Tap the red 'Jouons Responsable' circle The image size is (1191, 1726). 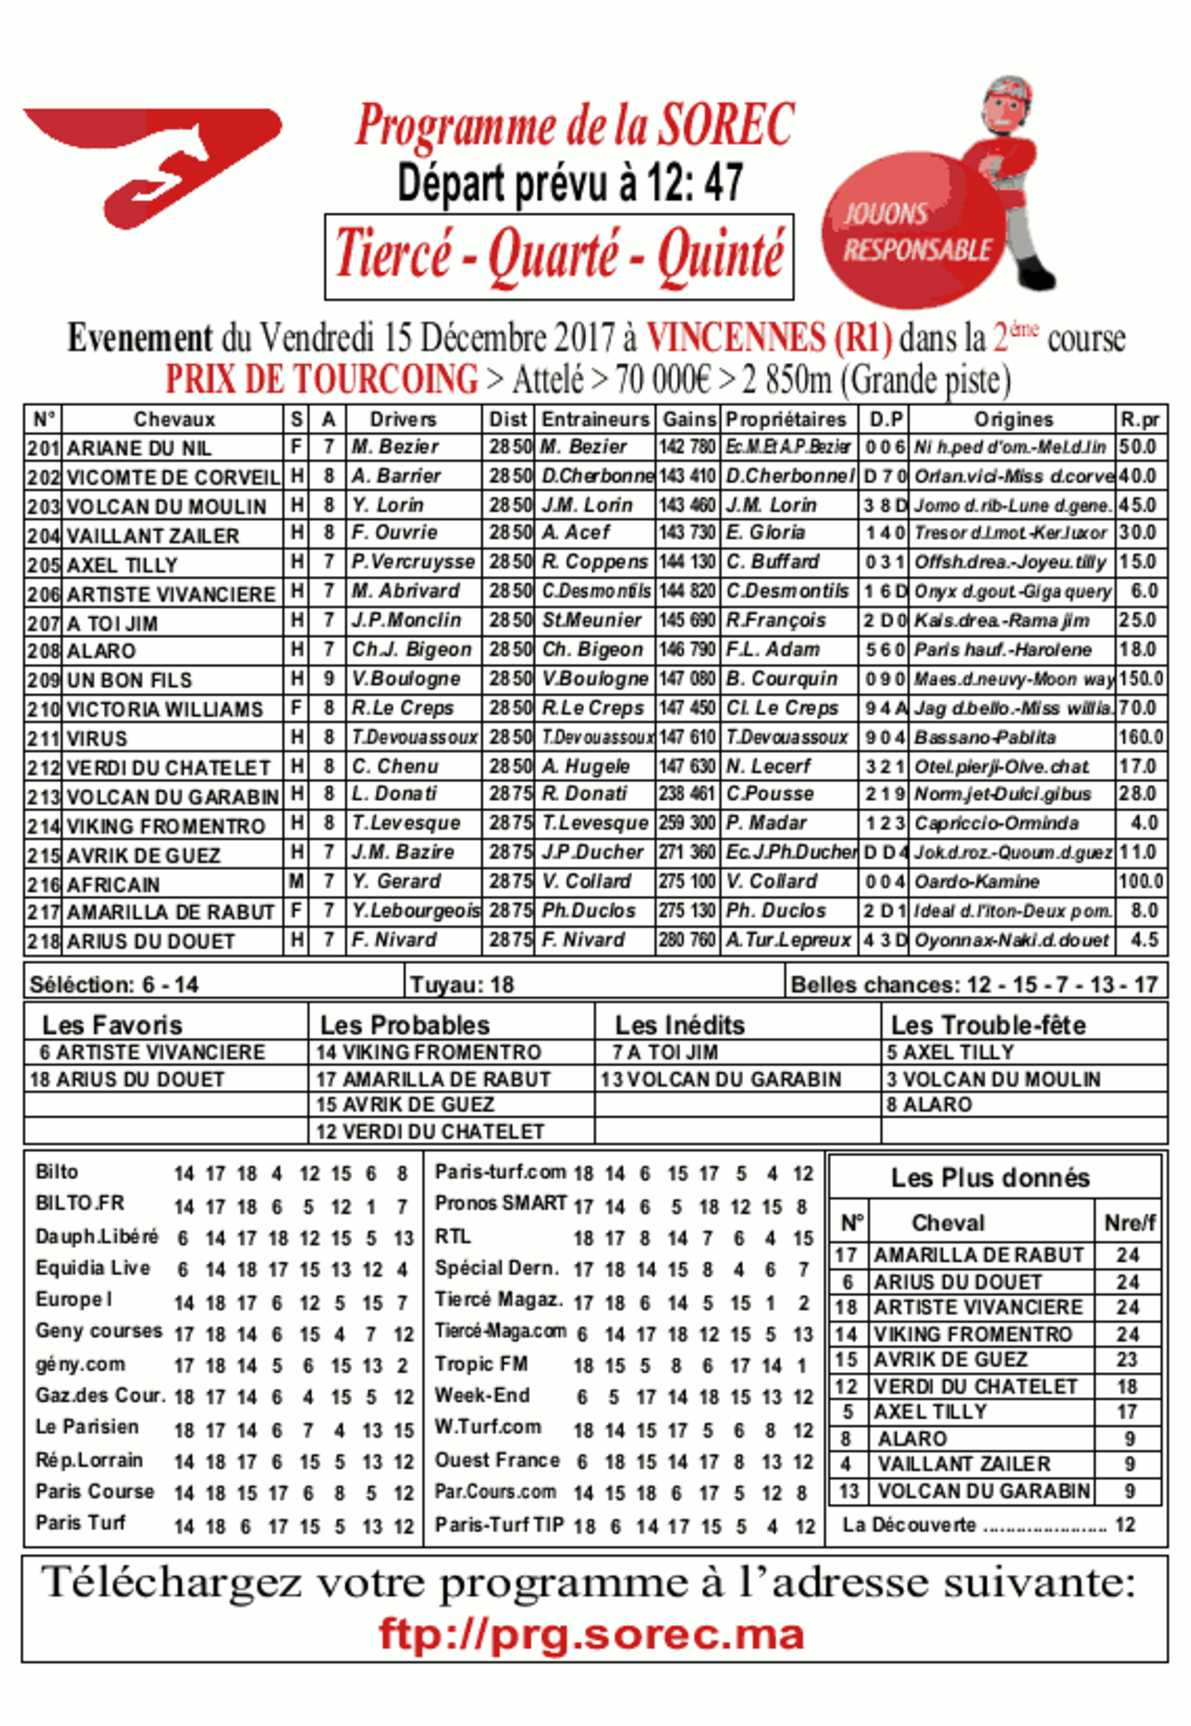coord(912,232)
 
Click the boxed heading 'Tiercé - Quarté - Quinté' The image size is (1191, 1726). coord(559,255)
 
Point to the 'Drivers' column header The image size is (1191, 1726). coord(402,419)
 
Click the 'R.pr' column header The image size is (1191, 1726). coord(1140,419)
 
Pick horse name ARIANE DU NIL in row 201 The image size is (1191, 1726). coord(139,448)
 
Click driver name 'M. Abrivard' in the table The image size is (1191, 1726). coord(405,591)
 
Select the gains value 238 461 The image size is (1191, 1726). coord(687,794)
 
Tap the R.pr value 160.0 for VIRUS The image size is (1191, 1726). coord(1140,737)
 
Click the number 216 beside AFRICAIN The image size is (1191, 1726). coord(43,884)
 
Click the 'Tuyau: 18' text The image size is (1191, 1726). coord(461,985)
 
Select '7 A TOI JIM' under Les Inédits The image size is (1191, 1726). coord(665,1052)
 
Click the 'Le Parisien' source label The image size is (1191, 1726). coord(87,1427)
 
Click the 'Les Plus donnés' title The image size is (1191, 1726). coord(990,1178)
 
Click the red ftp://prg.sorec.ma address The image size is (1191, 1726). coord(592,1634)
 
